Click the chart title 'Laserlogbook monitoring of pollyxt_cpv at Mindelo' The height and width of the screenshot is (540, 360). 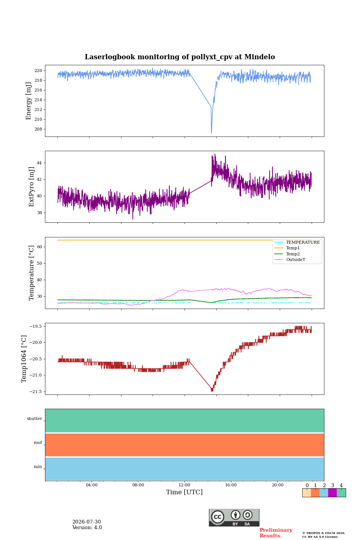pyautogui.click(x=180, y=57)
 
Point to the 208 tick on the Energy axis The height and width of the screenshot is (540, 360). pyautogui.click(x=38, y=129)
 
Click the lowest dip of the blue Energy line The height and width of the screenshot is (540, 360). pyautogui.click(x=211, y=133)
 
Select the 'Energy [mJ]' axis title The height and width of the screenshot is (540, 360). pyautogui.click(x=28, y=101)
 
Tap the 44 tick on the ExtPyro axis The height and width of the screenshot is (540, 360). pyautogui.click(x=39, y=163)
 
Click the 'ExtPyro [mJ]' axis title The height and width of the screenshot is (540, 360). pyautogui.click(x=31, y=187)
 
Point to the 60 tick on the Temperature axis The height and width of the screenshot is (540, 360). pyautogui.click(x=39, y=247)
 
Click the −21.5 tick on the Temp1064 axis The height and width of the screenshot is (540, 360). pyautogui.click(x=36, y=391)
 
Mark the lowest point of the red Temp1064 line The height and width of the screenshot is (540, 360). pyautogui.click(x=212, y=391)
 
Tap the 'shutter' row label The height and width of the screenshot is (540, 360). pyautogui.click(x=34, y=418)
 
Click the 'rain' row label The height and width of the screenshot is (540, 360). pyautogui.click(x=38, y=466)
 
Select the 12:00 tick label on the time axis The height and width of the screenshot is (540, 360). pyautogui.click(x=184, y=485)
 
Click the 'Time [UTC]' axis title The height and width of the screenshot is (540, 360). pyautogui.click(x=184, y=492)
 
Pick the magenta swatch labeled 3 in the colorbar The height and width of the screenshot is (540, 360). pyautogui.click(x=333, y=493)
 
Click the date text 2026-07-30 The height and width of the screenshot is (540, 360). pyautogui.click(x=87, y=522)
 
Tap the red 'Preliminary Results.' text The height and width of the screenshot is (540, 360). pyautogui.click(x=276, y=532)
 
